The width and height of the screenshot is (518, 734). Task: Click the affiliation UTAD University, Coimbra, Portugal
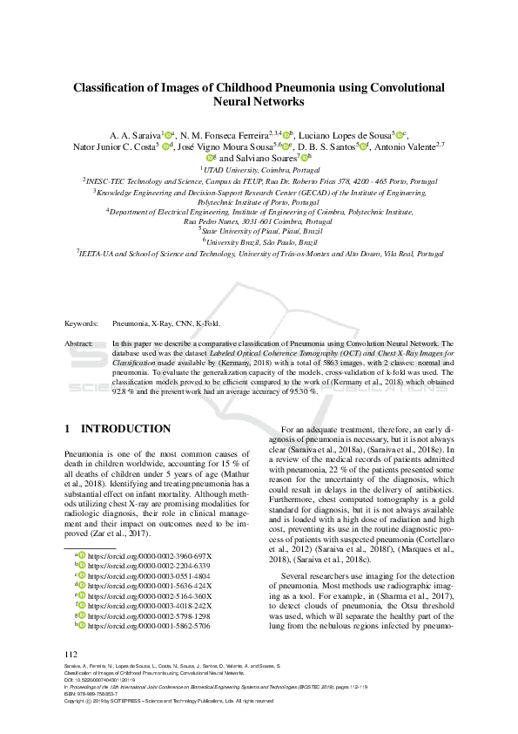pos(259,170)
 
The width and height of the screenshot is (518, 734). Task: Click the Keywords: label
pos(82,323)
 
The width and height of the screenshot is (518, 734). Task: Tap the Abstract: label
pos(80,344)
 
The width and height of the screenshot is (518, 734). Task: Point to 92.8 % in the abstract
pos(125,391)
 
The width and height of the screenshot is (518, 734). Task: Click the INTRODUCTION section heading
pos(125,429)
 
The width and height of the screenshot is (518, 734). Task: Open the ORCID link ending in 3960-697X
pos(149,555)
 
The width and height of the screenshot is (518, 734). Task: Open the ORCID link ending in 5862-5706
pos(149,626)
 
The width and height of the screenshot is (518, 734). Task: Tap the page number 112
pos(71,655)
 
